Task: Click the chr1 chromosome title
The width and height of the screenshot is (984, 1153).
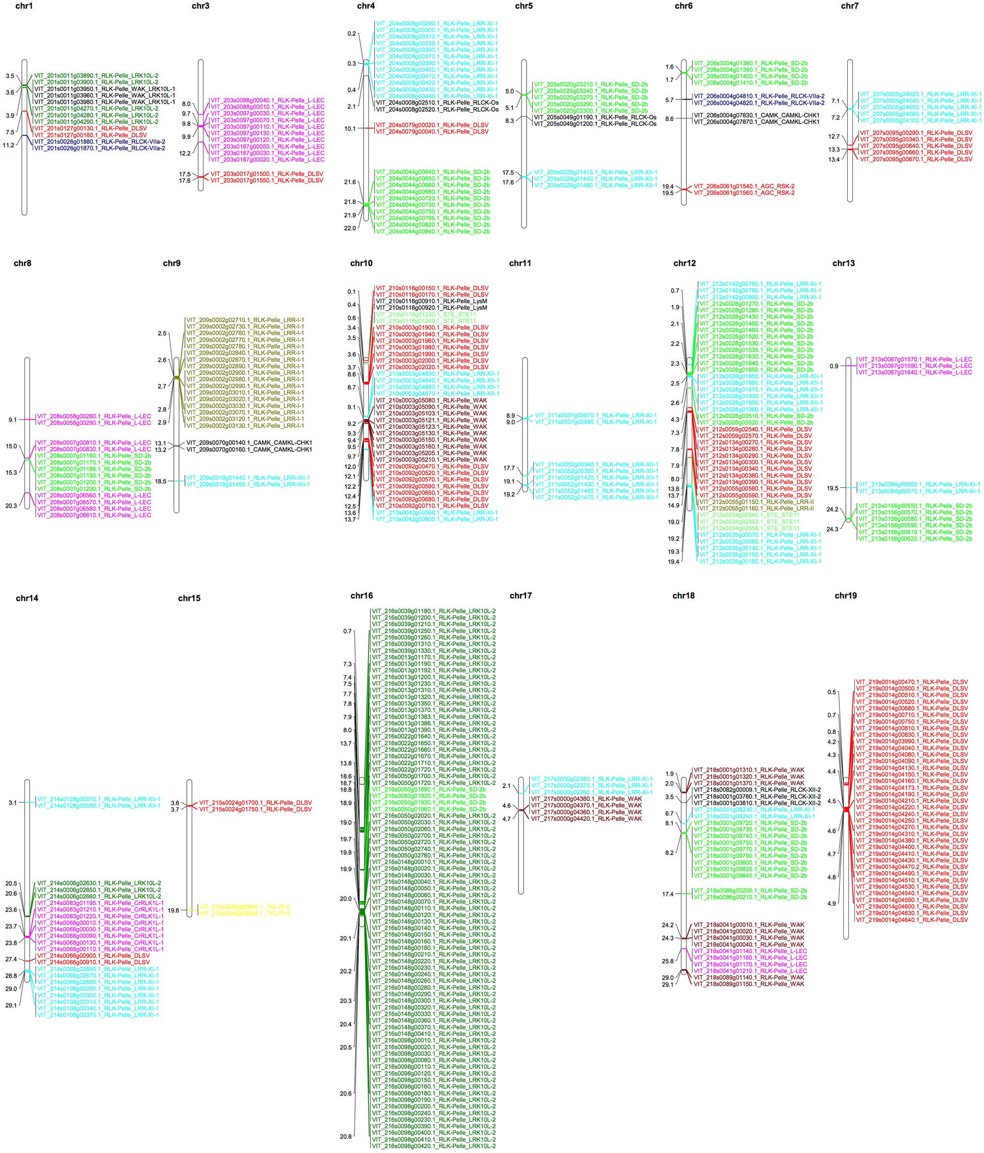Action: [x=24, y=6]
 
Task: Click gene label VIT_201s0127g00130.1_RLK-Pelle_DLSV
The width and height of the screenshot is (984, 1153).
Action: [x=90, y=128]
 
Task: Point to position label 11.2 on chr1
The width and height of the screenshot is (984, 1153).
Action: [x=8, y=145]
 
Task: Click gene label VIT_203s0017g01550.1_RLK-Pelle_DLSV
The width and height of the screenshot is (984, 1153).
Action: [x=267, y=181]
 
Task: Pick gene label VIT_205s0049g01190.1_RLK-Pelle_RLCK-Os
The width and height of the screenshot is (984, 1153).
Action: [x=594, y=118]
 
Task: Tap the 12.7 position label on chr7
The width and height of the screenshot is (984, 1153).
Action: [x=834, y=136]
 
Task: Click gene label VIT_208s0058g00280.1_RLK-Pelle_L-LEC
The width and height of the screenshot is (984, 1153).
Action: [x=93, y=416]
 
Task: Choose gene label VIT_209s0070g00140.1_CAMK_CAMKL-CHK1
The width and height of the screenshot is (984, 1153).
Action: [x=249, y=443]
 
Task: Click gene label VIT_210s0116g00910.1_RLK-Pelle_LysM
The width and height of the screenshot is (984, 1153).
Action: [x=431, y=301]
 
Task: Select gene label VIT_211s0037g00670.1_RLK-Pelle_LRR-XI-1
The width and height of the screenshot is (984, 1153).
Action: [x=595, y=416]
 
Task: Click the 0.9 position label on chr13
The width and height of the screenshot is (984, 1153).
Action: [x=834, y=366]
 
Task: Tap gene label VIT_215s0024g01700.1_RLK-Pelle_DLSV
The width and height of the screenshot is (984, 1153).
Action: [x=255, y=803]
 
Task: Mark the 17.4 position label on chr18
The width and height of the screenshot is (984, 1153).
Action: [x=668, y=894]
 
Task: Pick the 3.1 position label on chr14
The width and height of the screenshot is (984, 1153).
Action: [x=12, y=802]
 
